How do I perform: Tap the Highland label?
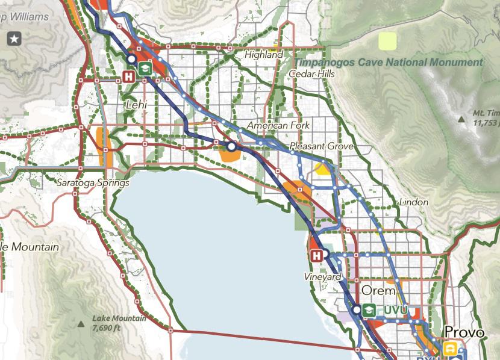264,55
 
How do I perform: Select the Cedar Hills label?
310,73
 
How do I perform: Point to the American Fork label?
278,125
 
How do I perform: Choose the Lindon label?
413,202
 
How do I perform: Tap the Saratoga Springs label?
93,182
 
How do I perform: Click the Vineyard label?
323,277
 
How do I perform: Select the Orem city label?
378,290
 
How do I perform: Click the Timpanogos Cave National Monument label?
389,62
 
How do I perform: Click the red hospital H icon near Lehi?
129,76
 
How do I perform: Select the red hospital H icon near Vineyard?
316,256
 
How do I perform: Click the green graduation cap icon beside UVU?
369,310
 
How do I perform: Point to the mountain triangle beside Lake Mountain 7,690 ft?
81,323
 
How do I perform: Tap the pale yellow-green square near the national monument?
387,41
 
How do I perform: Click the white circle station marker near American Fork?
231,146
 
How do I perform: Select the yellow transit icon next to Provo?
449,348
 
